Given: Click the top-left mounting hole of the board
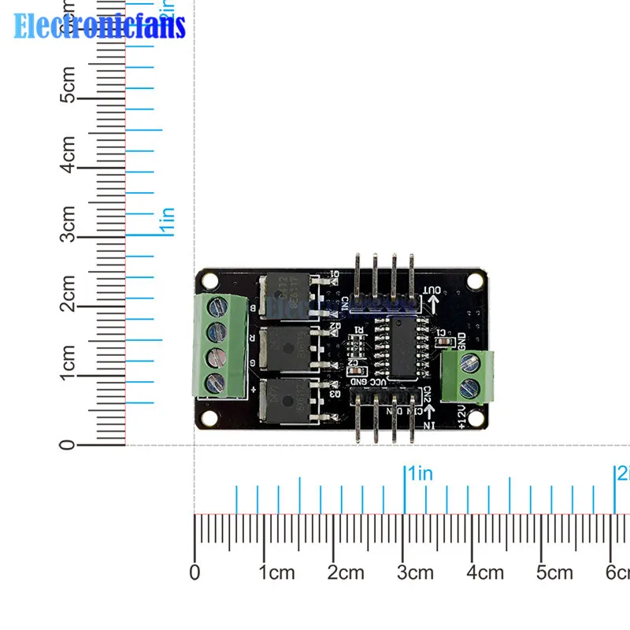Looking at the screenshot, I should [209, 280].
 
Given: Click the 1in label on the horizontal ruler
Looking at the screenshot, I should [419, 473].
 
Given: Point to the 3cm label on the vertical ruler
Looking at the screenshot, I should [69, 223].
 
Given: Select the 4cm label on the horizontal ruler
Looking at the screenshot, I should [485, 573].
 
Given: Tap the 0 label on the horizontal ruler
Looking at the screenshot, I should [195, 573].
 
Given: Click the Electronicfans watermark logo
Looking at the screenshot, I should [99, 25].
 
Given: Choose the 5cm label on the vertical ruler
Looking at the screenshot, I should [69, 84].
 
